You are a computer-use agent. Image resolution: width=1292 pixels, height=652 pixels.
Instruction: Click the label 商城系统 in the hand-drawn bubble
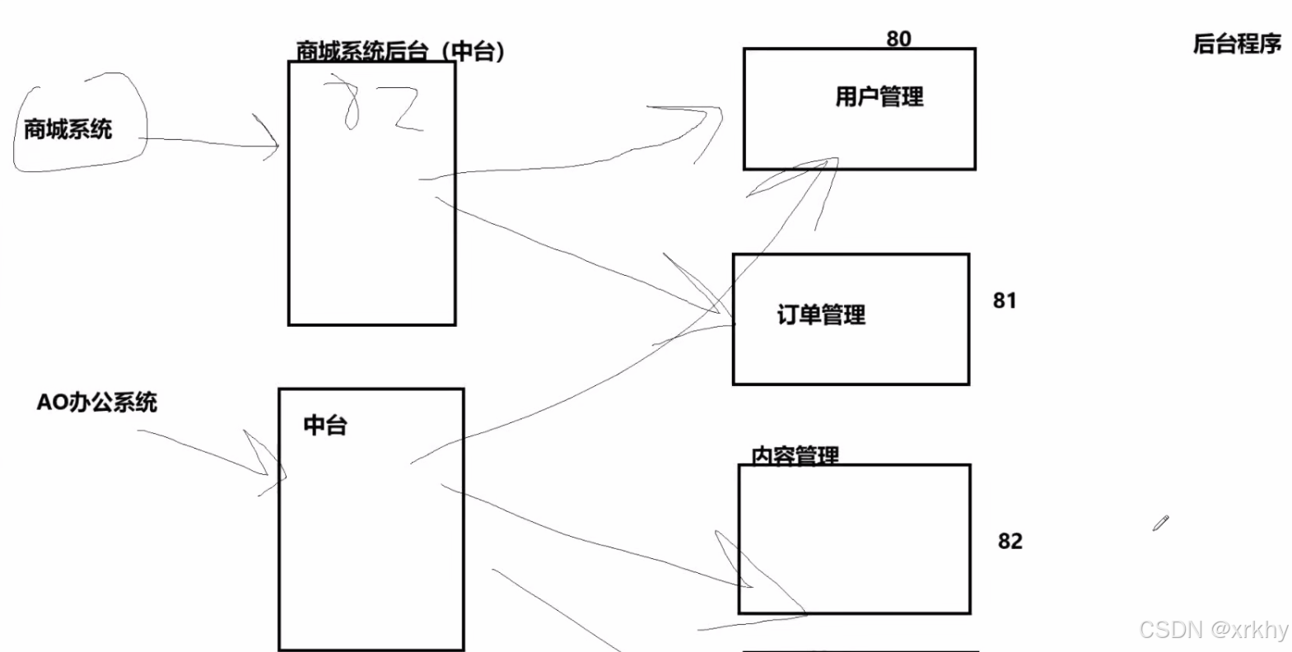tap(68, 129)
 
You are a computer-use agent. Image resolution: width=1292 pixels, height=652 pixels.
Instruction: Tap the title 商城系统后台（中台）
tap(400, 51)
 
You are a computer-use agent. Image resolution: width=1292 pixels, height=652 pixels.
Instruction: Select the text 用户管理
tap(879, 97)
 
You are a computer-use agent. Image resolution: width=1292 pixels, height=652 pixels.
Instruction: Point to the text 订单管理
tap(821, 314)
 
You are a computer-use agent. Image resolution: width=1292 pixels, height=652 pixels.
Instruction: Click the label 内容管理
tap(795, 455)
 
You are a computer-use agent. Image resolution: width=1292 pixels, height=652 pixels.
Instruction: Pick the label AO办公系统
tap(96, 403)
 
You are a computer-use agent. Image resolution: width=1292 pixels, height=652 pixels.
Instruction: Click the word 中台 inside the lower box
tap(325, 426)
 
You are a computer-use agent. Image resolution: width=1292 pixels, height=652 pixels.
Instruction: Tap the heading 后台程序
tap(1237, 44)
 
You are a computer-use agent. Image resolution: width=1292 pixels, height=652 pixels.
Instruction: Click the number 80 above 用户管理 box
tap(898, 39)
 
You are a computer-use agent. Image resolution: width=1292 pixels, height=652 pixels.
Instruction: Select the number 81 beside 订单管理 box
tap(1004, 300)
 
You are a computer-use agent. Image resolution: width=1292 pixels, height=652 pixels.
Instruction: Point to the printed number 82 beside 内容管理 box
tap(1010, 541)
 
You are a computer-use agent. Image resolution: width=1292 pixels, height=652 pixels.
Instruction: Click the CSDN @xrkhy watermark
tap(1213, 630)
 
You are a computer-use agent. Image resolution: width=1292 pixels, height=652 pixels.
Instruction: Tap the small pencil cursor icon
tap(1161, 523)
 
